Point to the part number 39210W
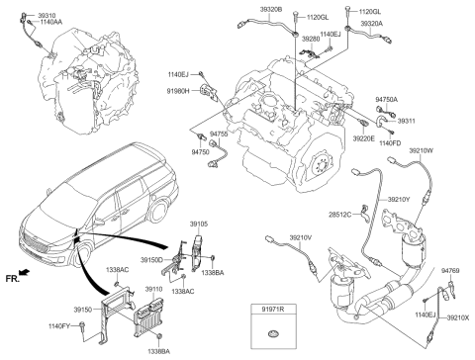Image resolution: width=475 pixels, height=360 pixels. (419, 151)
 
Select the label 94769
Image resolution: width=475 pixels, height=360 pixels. (450, 271)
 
